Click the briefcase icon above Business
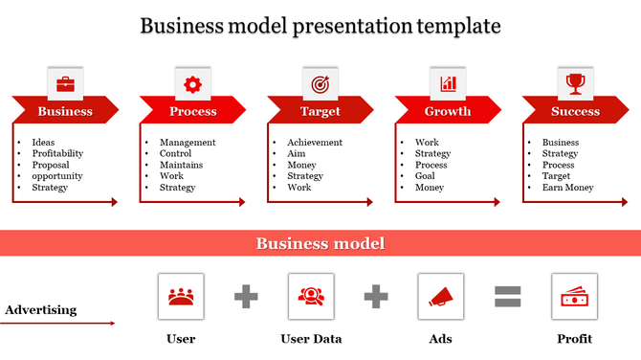[x=65, y=84]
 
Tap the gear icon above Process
[x=192, y=84]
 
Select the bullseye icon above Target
[x=320, y=84]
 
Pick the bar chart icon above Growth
[x=448, y=84]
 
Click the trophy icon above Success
[x=575, y=84]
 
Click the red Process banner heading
[x=192, y=111]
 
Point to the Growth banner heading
[x=448, y=111]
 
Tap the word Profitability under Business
[x=57, y=153]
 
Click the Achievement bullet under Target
[x=315, y=143]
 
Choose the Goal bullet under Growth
[x=426, y=176]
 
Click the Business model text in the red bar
[x=320, y=244]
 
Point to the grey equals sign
[x=507, y=297]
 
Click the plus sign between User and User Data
[x=247, y=297]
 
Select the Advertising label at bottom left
[x=40, y=310]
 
